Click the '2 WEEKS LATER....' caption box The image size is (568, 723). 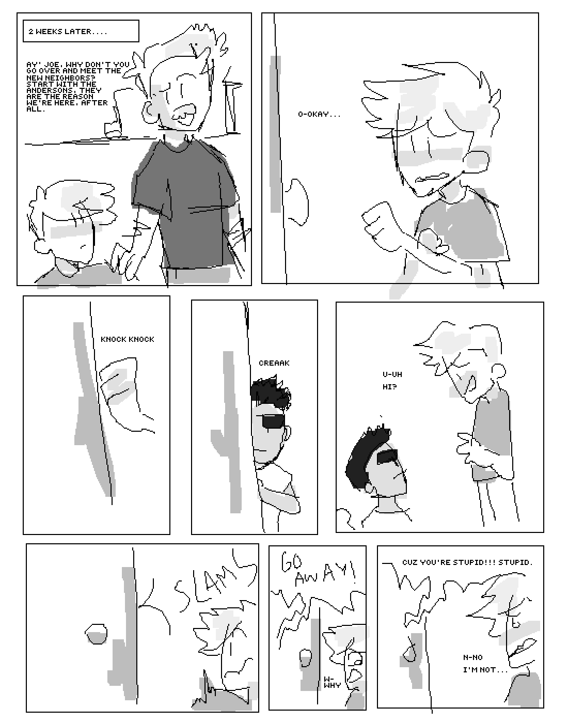[x=81, y=32]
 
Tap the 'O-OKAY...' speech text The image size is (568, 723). [x=319, y=115]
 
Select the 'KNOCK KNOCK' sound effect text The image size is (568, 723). [x=128, y=339]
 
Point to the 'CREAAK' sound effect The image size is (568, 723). [x=274, y=363]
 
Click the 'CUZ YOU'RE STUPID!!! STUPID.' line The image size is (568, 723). [x=467, y=562]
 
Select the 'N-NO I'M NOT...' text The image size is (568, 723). [x=485, y=664]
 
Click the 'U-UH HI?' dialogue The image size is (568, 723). [x=392, y=381]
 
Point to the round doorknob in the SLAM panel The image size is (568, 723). [x=96, y=634]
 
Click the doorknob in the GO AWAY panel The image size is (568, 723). [x=305, y=656]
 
